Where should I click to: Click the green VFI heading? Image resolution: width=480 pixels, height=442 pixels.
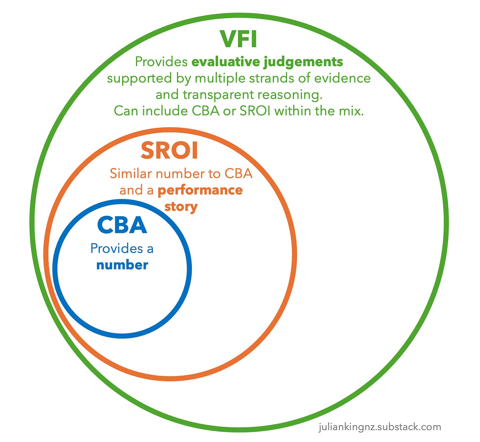coord(238,39)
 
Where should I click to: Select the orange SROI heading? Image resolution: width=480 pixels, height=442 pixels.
coord(169,151)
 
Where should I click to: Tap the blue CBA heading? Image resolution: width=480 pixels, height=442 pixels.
coord(122,225)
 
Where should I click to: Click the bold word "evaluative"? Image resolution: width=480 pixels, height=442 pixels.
coord(226,62)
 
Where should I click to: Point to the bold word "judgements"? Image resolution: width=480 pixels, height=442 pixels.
coord(303,62)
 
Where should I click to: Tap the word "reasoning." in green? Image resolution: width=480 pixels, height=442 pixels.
coord(290,95)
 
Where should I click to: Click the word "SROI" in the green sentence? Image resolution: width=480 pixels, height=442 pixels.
coord(255,111)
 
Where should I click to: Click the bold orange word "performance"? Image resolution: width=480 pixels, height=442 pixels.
coord(200,190)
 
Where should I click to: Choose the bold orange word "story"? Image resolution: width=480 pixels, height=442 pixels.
coord(181,207)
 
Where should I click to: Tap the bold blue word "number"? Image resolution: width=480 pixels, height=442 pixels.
coord(122,265)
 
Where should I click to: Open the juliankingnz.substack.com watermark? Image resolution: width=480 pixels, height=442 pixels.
coord(380,427)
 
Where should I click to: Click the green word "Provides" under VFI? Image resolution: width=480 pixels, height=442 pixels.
coord(161,62)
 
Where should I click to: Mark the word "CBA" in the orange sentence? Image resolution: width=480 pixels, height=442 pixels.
coord(239,174)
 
